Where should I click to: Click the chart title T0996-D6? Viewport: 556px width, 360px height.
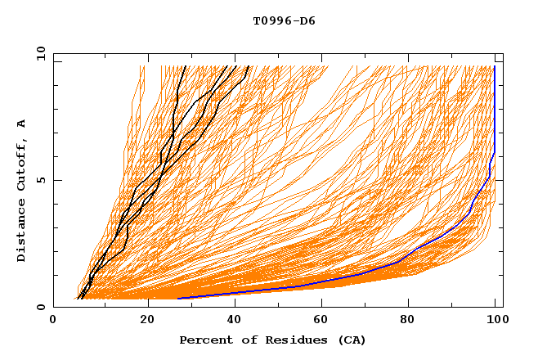[x=284, y=20]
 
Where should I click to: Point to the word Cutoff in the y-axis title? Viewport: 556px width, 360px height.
[x=22, y=165]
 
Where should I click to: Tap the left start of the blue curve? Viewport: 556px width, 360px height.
[x=178, y=298]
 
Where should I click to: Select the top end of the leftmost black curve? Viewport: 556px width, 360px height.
[x=186, y=66]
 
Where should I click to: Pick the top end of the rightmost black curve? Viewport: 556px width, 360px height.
[x=249, y=66]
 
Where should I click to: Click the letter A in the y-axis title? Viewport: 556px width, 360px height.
[x=22, y=124]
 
